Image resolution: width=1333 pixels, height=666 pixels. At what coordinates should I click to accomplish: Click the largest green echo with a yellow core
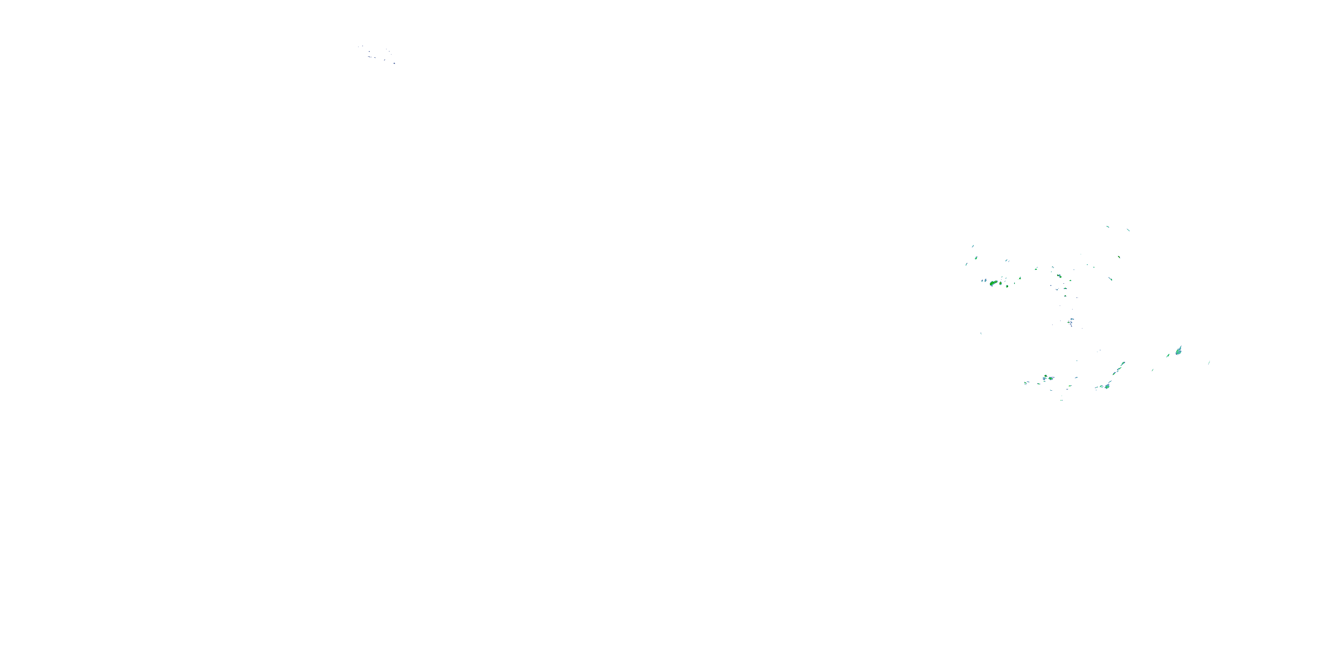coord(993,283)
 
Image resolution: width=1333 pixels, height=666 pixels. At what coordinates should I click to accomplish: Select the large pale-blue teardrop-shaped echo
coord(1179,351)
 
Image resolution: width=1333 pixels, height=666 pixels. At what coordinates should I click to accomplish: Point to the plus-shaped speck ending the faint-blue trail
coord(394,63)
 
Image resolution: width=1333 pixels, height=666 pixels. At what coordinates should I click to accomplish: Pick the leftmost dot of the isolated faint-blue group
coord(359,47)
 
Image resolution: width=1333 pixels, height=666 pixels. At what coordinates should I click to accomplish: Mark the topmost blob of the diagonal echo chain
coord(1122,364)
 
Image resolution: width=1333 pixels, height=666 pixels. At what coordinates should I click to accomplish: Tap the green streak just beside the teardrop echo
coord(1168,355)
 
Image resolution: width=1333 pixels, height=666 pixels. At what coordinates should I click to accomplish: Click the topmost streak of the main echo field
coord(1107,226)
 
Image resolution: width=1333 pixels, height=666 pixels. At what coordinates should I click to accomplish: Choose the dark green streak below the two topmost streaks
coord(1119,257)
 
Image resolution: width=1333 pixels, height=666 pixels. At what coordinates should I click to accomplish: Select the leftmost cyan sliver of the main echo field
coord(966,264)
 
